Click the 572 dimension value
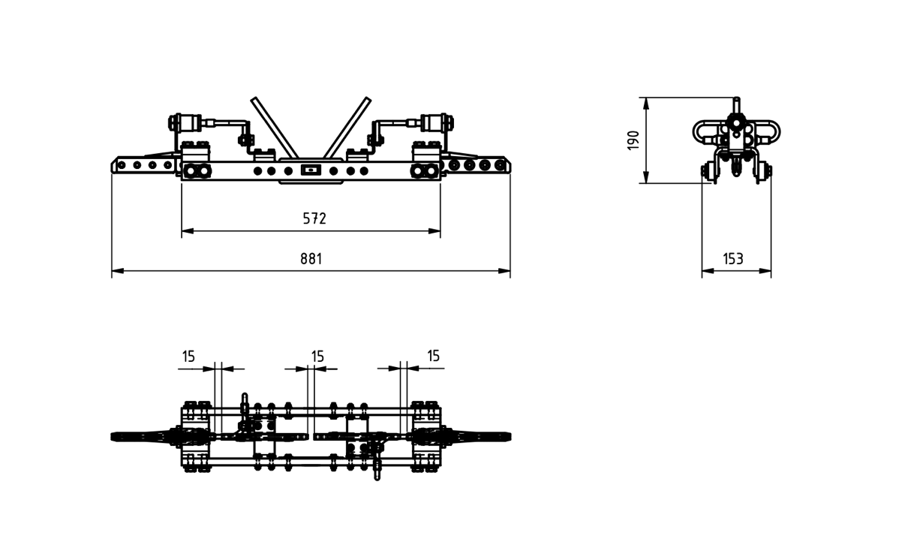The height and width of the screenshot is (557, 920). coord(314,218)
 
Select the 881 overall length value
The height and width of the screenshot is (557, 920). coord(311,259)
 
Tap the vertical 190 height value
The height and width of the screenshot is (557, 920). coord(633,140)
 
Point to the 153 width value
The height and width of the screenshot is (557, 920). coord(733,259)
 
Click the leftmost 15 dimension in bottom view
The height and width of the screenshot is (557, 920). coord(188,356)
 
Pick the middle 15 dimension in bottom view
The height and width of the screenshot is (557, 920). coord(317,356)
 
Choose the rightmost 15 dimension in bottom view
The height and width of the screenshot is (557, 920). coord(433,355)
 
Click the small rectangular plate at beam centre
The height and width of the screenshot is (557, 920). coord(311,170)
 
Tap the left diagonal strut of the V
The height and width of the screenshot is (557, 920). coord(275,128)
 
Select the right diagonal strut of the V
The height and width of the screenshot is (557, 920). coord(347,128)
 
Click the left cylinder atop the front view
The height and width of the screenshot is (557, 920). coord(189,122)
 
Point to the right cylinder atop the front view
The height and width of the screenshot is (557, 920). coord(433,122)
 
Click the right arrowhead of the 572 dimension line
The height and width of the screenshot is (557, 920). coord(434,231)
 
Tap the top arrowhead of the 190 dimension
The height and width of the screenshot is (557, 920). coord(646,104)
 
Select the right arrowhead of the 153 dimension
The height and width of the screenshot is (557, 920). coord(765,271)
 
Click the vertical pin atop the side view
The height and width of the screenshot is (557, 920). coord(737,105)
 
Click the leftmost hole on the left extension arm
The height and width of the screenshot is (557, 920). coord(121,165)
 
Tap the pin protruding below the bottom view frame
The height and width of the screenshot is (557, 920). coord(377,473)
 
